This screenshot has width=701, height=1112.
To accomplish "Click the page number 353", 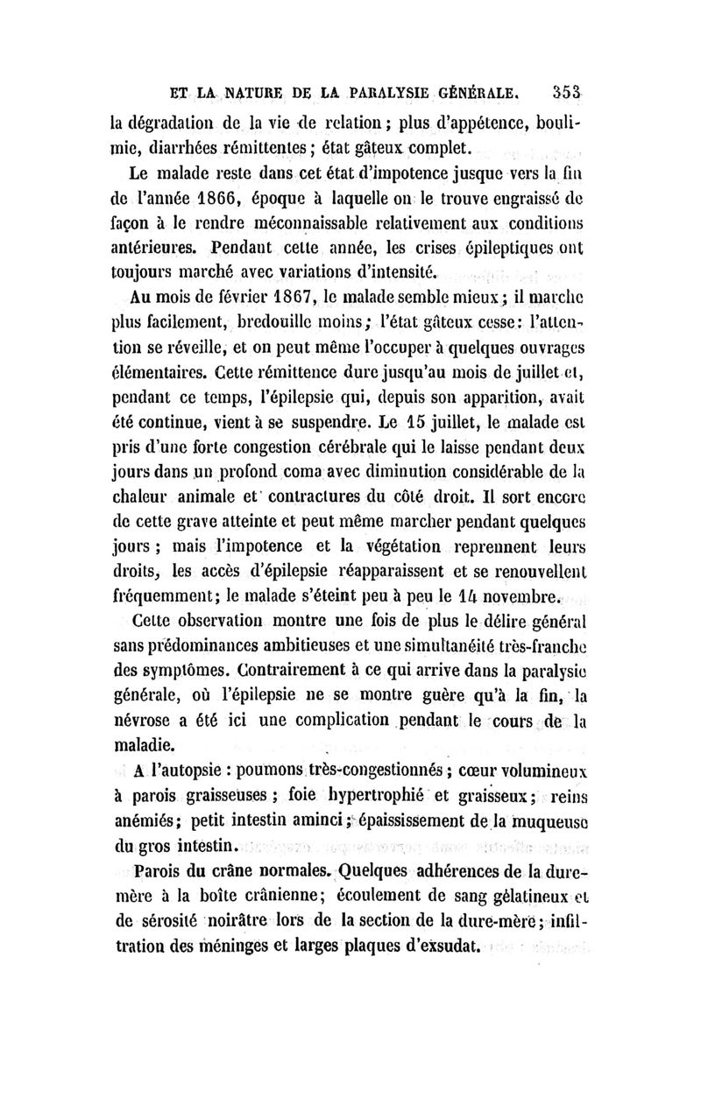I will click(x=569, y=89).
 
